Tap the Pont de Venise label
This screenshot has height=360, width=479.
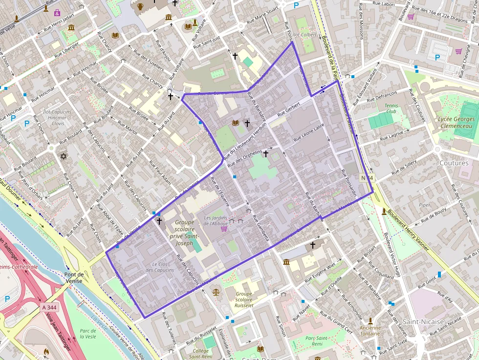click(x=74, y=277)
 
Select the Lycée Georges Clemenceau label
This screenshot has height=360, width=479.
click(x=456, y=123)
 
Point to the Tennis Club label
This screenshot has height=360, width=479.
click(x=391, y=108)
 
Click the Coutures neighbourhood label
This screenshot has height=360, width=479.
click(x=454, y=163)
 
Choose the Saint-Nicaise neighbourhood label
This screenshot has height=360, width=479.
click(x=423, y=321)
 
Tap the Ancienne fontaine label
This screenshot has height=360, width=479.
click(x=370, y=331)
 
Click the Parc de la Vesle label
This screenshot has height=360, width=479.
click(x=88, y=334)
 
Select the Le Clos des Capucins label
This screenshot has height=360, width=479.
click(x=160, y=267)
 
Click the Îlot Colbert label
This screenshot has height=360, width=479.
click(x=305, y=35)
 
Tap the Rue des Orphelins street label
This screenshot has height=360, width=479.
click(x=249, y=153)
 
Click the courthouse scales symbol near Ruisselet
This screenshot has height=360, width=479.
click(x=216, y=292)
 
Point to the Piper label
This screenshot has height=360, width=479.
click(x=425, y=205)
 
